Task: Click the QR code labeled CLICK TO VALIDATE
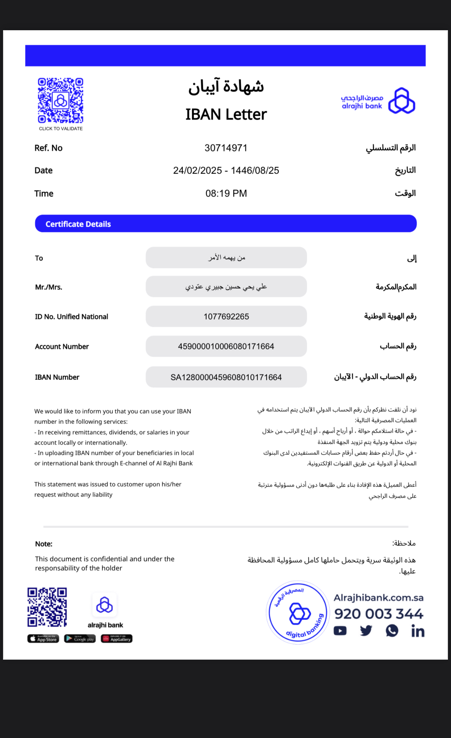click(x=60, y=101)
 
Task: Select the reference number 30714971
click(x=226, y=148)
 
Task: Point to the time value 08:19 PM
click(x=226, y=193)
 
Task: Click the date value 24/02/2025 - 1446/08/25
click(x=226, y=170)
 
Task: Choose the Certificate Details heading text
click(x=78, y=224)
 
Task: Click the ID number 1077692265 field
click(x=226, y=316)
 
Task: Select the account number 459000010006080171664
click(x=226, y=346)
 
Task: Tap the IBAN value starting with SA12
click(x=226, y=377)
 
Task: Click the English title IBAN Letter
click(x=226, y=114)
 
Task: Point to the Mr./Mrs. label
click(x=49, y=287)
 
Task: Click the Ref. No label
click(x=48, y=148)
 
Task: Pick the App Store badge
click(x=43, y=639)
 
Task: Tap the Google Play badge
click(x=80, y=639)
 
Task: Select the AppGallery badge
click(x=117, y=639)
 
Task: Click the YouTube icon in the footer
click(x=340, y=631)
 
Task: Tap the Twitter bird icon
click(x=366, y=631)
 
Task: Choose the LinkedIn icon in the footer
click(x=418, y=631)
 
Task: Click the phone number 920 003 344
click(x=379, y=614)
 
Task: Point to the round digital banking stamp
click(x=298, y=613)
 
